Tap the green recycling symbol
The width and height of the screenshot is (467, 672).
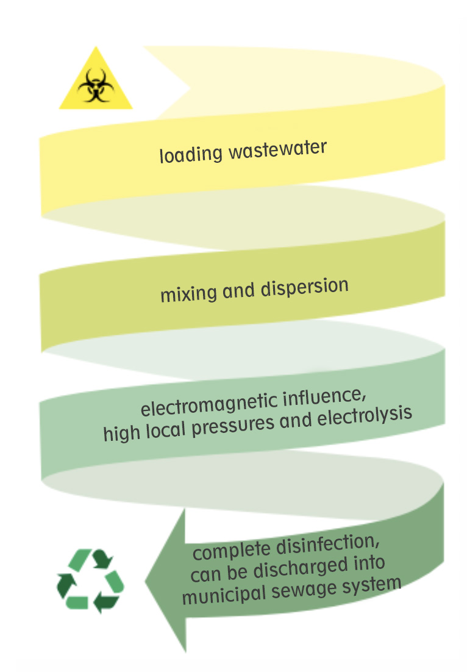90,581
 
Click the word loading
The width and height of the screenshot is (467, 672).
190,154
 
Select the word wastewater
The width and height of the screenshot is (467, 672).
278,148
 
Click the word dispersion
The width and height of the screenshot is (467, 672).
305,287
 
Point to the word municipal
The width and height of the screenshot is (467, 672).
223,595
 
